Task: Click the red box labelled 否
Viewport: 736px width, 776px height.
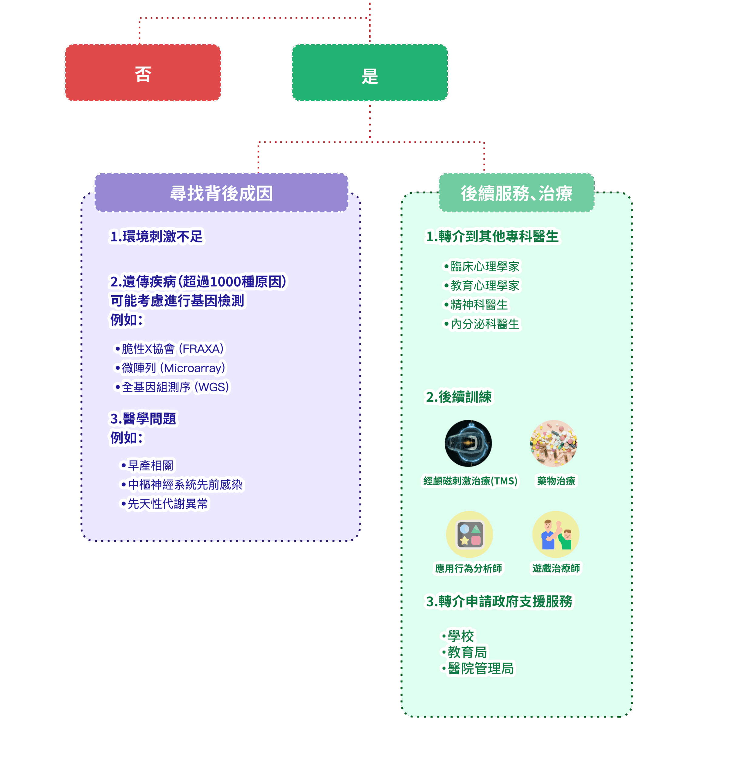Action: pos(143,73)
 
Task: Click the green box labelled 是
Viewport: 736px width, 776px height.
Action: pos(370,73)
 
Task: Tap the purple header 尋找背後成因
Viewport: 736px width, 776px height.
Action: pos(221,193)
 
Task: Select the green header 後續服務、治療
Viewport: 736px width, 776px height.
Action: pos(516,193)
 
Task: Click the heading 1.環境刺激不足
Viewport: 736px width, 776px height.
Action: pos(156,236)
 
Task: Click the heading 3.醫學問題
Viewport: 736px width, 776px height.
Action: pos(143,419)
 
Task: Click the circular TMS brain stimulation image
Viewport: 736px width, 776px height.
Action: pos(468,443)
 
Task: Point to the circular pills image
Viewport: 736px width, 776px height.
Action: pos(554,443)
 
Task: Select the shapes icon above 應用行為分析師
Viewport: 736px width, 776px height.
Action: pos(469,534)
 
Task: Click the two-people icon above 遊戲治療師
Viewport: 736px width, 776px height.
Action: pos(555,534)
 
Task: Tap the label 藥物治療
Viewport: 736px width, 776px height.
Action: pos(556,481)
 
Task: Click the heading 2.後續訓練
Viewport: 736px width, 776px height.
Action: pos(459,396)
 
